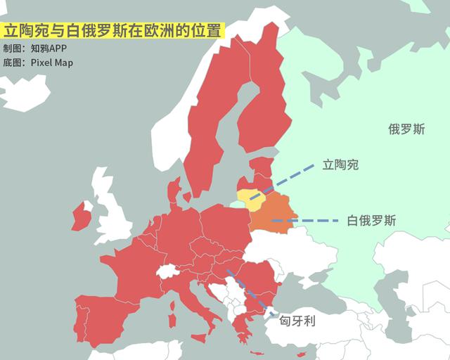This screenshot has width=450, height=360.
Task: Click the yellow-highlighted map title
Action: coord(113,32)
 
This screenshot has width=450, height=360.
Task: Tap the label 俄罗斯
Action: coord(406,129)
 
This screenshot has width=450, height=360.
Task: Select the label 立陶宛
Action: coord(340,165)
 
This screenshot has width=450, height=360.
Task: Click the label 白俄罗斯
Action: coord(371,221)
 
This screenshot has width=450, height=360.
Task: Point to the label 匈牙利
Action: coord(298,321)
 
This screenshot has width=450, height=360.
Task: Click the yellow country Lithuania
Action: coord(250,198)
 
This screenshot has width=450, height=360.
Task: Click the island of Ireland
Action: coord(82,215)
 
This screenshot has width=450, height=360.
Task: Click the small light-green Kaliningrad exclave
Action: coord(235,204)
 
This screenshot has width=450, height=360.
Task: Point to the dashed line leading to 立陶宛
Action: coord(288,179)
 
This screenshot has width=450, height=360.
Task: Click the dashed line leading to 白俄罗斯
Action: coord(309,221)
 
